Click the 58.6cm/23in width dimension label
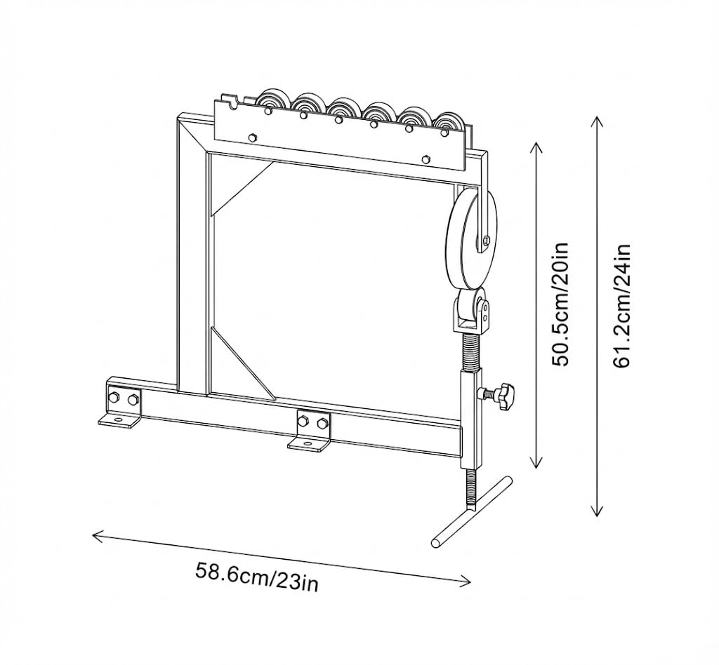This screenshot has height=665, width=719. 257,577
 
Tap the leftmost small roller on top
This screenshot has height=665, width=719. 273,102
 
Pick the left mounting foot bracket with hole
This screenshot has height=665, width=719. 118,419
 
